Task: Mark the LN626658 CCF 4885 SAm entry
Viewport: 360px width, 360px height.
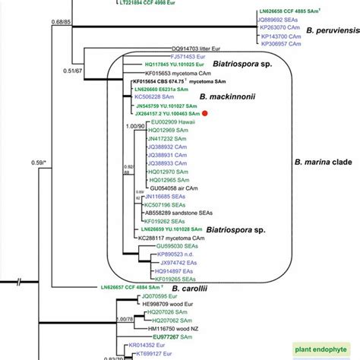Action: (x=297, y=9)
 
